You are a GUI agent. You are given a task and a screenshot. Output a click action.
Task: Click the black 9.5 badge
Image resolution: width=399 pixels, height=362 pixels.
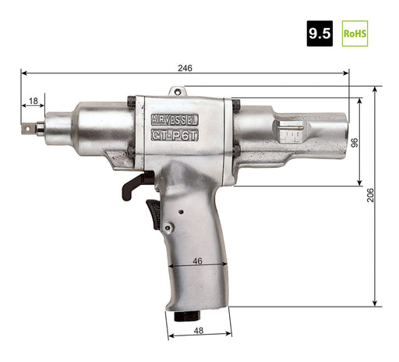click(320, 34)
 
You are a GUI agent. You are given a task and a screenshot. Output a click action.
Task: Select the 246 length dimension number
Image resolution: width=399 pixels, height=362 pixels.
click(185, 68)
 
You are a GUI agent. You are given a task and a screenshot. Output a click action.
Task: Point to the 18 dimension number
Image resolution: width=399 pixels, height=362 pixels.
click(32, 101)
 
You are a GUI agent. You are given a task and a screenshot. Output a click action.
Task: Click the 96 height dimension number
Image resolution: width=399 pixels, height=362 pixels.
click(353, 142)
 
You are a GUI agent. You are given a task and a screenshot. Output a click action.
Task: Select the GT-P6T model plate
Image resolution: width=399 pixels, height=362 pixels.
click(174, 134)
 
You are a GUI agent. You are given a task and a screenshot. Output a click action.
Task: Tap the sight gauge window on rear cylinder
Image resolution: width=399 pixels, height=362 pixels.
click(290, 133)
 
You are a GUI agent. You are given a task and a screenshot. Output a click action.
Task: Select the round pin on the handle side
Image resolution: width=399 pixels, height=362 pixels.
click(181, 211)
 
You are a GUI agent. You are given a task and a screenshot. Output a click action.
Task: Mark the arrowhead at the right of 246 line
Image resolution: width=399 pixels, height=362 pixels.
click(346, 73)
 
